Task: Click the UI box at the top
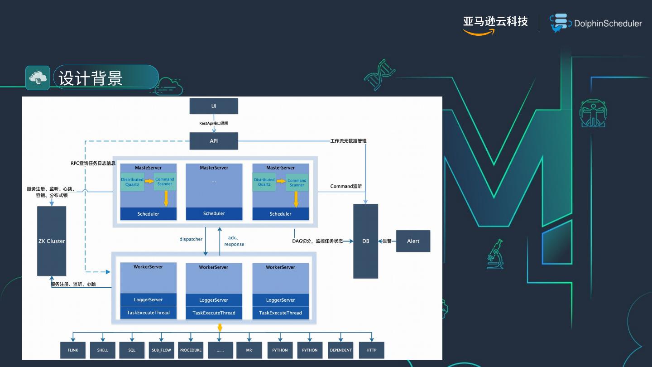tap(214, 106)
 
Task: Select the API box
tap(214, 141)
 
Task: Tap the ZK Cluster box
tap(52, 241)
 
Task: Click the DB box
tap(365, 241)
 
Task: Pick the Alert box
tap(413, 241)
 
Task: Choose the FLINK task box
tap(73, 350)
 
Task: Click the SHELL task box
tap(103, 350)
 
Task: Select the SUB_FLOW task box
tap(161, 350)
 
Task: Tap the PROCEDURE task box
tap(190, 350)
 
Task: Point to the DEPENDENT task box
tap(341, 350)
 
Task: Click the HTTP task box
tap(371, 350)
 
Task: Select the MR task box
tap(249, 350)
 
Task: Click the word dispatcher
tap(191, 239)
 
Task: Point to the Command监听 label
tap(346, 186)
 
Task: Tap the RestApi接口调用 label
tap(214, 123)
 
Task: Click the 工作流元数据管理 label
tap(348, 141)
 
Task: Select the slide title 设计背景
tap(91, 78)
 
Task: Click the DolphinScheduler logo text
tap(608, 24)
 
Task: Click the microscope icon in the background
tap(495, 254)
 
